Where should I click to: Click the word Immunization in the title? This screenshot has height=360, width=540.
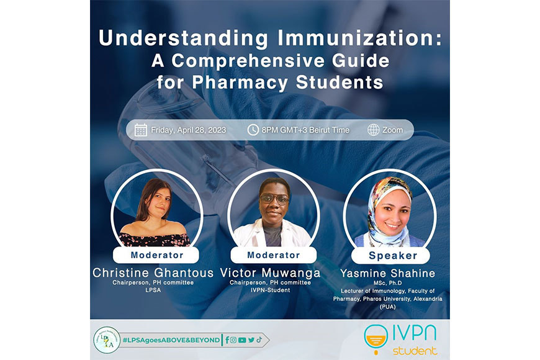click(x=359, y=38)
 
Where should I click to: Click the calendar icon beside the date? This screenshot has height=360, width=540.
click(x=140, y=130)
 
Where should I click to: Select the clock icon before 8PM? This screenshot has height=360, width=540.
click(x=253, y=130)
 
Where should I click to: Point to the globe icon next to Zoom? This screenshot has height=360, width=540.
click(x=373, y=130)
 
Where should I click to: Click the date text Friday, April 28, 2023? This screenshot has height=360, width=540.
click(x=189, y=130)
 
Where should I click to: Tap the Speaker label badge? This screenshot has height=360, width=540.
click(x=390, y=256)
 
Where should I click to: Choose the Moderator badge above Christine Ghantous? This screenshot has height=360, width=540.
click(x=156, y=255)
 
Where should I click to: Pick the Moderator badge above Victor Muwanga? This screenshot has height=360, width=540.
click(x=274, y=255)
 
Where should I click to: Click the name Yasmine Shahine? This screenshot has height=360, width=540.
click(x=388, y=274)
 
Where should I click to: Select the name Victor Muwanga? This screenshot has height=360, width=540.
click(x=271, y=273)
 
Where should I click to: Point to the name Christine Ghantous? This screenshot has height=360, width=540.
click(x=153, y=273)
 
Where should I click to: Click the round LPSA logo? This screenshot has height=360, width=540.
click(x=107, y=340)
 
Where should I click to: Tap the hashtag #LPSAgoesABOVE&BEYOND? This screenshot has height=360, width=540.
click(x=171, y=340)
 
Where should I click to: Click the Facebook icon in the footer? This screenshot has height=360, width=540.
click(x=227, y=340)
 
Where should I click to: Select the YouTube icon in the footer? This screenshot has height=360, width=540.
click(x=242, y=340)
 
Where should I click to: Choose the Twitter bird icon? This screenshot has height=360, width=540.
click(x=251, y=340)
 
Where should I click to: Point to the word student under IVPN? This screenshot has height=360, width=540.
click(x=415, y=351)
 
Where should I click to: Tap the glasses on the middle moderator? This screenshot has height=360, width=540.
click(x=274, y=199)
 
